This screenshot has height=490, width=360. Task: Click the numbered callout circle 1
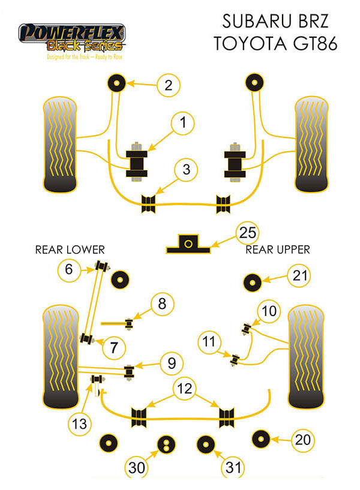pos(184,124)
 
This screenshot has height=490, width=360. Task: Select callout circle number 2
pos(169,86)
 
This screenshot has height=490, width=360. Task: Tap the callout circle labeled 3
pos(187,170)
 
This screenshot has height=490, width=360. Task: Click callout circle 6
pos(69,271)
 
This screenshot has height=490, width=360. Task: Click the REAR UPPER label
pos(278,249)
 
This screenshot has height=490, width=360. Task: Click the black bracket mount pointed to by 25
pos(188,243)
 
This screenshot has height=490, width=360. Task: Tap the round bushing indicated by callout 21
pos(253,280)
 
